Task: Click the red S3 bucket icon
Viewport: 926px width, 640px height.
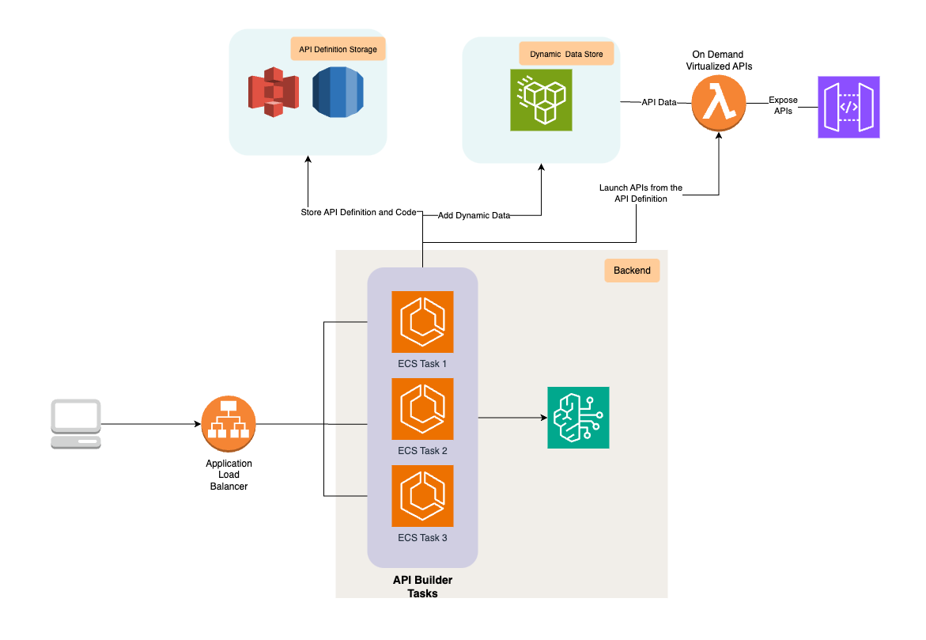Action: click(x=273, y=92)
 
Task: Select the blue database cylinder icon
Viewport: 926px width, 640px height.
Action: click(x=337, y=92)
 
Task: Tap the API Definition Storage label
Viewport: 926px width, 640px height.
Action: click(x=338, y=50)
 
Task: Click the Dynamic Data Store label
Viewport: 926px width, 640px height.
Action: click(x=566, y=55)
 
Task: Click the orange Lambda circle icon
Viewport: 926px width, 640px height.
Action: click(x=719, y=103)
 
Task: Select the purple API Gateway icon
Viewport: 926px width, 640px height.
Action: click(x=849, y=108)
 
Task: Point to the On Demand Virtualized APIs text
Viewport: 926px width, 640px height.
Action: click(x=719, y=61)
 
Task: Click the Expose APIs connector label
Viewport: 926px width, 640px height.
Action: click(x=783, y=105)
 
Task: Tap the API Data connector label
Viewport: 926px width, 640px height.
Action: click(x=659, y=102)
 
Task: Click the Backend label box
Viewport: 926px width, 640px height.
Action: click(x=632, y=271)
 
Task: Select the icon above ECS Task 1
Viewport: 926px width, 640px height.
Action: click(x=422, y=321)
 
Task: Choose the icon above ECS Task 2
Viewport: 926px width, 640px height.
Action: click(x=422, y=408)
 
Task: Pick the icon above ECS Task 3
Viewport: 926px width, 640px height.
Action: click(x=422, y=495)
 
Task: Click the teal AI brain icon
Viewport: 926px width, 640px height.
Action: click(x=578, y=418)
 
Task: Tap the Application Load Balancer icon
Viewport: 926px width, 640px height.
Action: click(x=229, y=423)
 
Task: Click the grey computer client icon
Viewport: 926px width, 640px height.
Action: click(x=76, y=424)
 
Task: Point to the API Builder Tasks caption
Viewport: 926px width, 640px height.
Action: click(x=422, y=587)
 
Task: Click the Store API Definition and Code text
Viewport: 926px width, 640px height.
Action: click(x=358, y=213)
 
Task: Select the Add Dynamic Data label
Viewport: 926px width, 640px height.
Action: click(x=474, y=215)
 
